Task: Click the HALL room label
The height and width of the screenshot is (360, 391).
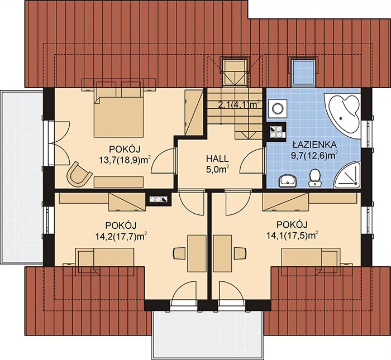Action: [x=217, y=159]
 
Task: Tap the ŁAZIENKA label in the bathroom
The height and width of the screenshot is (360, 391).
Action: [x=314, y=144]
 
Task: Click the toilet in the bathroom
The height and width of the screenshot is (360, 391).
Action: [x=315, y=177]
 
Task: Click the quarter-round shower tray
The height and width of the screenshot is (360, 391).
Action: [x=348, y=175]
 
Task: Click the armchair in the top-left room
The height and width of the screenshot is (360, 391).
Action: [x=78, y=174]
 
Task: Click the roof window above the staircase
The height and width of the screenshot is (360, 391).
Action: [x=235, y=72]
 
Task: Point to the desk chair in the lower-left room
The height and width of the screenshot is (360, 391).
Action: [x=179, y=253]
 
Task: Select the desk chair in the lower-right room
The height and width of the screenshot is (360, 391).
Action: [x=240, y=253]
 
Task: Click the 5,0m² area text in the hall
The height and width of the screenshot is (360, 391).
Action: [x=217, y=170]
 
